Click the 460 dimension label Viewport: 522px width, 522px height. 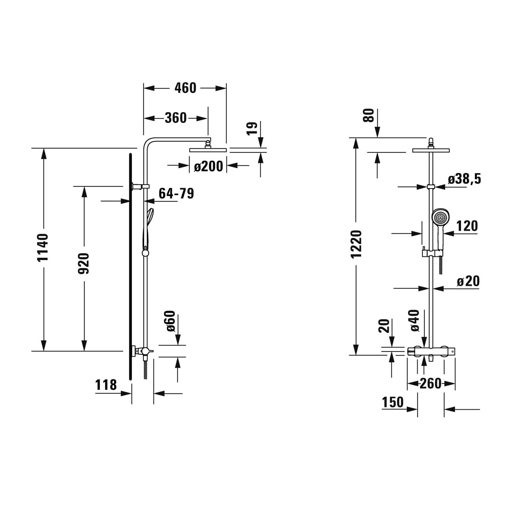(185, 88)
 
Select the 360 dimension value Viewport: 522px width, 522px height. (176, 118)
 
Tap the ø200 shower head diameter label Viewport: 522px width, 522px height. (208, 166)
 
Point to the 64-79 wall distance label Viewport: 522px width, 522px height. (176, 193)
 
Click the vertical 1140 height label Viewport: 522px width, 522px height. (43, 248)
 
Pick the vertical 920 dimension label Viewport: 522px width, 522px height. (84, 263)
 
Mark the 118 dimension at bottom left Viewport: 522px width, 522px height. (106, 385)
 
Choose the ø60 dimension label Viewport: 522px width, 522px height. (170, 321)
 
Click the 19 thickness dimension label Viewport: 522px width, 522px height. (252, 128)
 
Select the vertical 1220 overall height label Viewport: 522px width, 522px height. (356, 244)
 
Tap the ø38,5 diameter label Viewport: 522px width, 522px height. (464, 179)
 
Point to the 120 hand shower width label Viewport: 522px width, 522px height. (467, 226)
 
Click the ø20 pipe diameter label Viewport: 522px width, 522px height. (468, 281)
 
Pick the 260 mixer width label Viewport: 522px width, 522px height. (430, 383)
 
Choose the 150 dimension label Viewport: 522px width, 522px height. (393, 402)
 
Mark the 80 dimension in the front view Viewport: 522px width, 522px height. (368, 116)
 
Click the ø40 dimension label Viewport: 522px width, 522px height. (415, 320)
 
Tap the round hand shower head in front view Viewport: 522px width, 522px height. (440, 217)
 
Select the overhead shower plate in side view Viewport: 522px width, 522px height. (208, 150)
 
